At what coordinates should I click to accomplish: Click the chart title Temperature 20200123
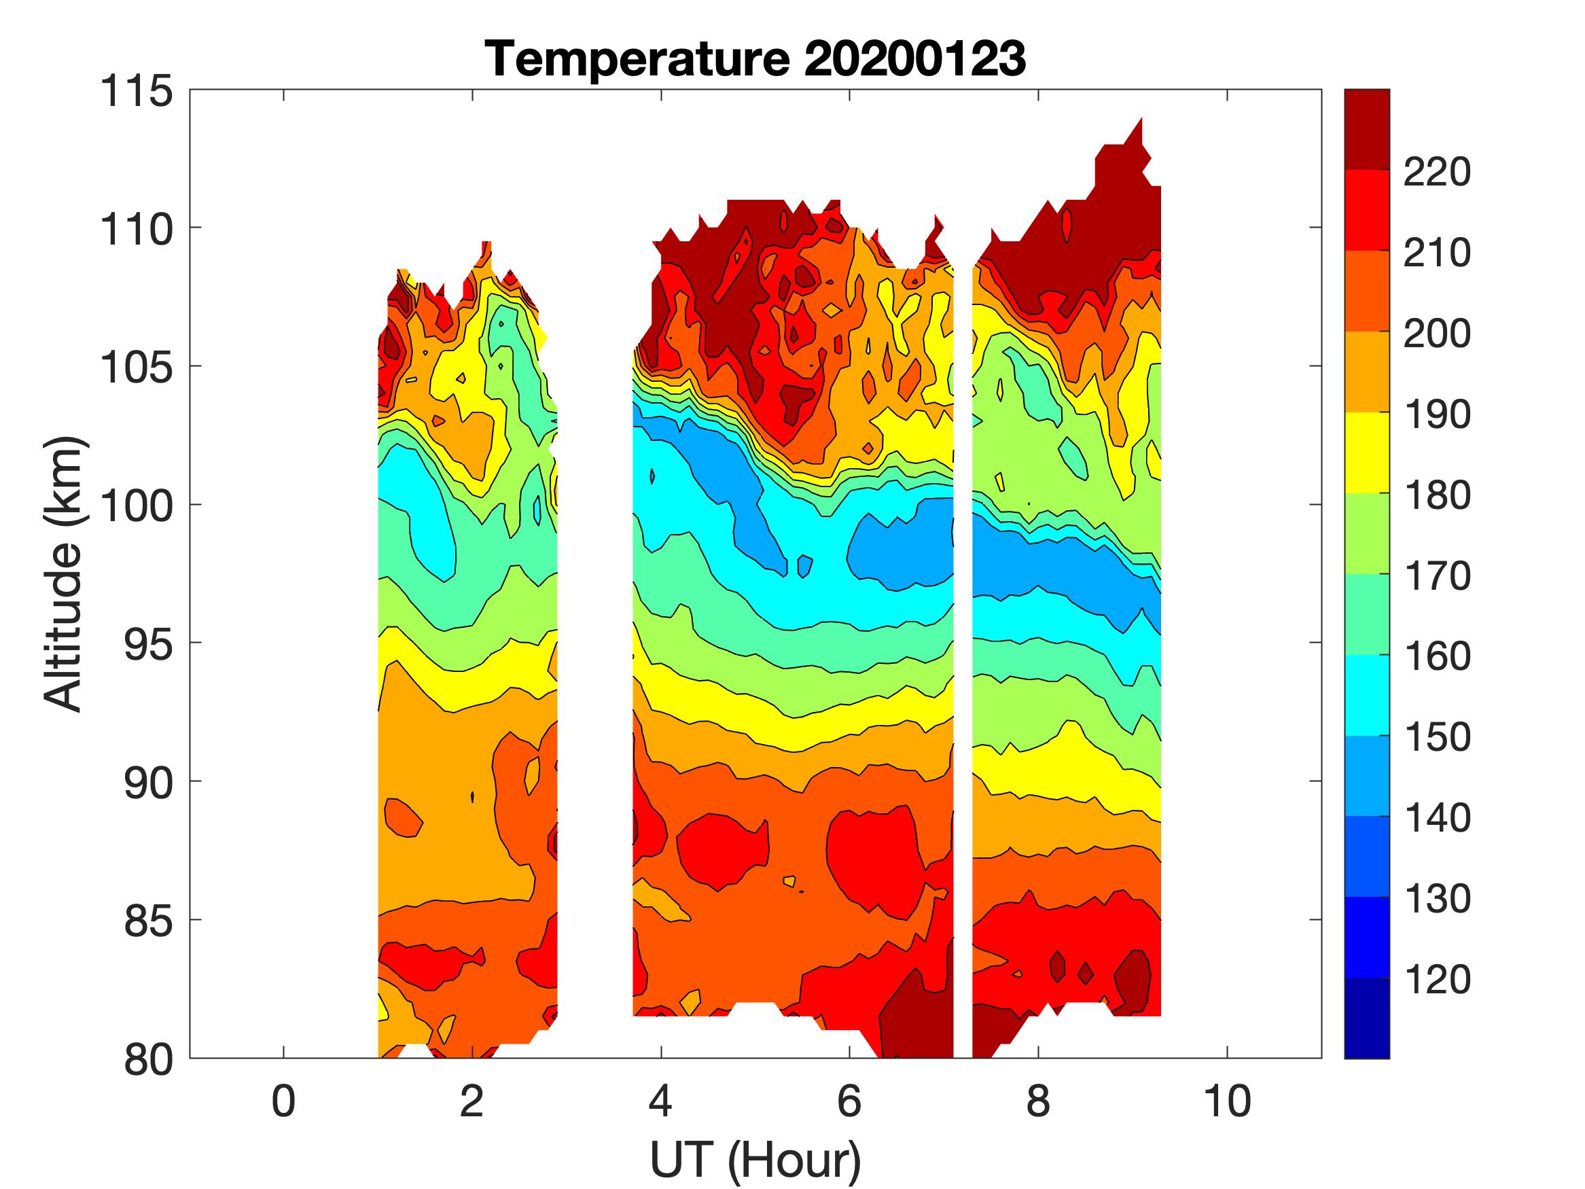pos(755,58)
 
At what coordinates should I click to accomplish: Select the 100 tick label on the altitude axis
pos(137,505)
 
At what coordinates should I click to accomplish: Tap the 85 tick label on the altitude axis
pos(149,920)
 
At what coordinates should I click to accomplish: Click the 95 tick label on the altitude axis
pos(149,643)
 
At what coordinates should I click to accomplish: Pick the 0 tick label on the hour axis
pos(284,1101)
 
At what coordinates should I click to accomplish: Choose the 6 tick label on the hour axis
pos(849,1101)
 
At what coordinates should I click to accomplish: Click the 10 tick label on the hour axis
pos(1228,1101)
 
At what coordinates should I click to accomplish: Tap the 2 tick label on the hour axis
pos(472,1101)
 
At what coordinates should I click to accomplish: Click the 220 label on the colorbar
pos(1437,172)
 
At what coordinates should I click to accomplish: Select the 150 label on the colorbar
pos(1437,737)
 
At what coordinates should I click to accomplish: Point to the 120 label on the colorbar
pos(1437,979)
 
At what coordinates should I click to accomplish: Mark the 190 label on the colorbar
pos(1437,414)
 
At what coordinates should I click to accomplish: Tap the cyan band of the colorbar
pos(1366,695)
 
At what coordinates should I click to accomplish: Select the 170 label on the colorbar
pos(1437,575)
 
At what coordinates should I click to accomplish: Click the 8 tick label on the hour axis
pos(1038,1101)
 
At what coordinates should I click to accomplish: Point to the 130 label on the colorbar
pos(1437,899)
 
